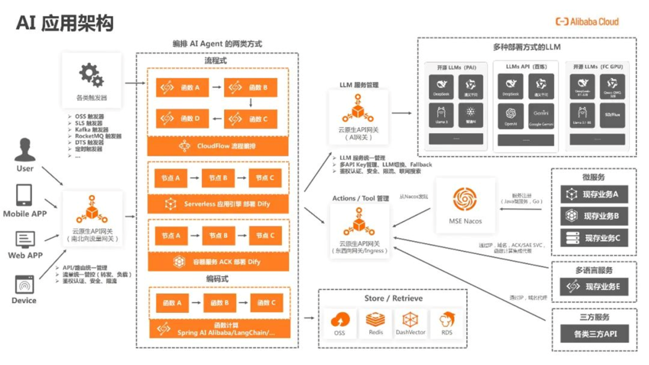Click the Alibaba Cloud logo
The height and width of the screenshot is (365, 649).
(x=587, y=22)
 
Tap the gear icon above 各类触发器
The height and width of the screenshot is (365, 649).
(x=91, y=75)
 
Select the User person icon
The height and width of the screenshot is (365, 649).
(x=25, y=149)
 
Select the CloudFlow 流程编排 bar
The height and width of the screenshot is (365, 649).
(x=218, y=146)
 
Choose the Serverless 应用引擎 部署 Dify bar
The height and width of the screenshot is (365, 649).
(x=218, y=204)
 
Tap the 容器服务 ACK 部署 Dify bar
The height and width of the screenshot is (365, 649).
(x=218, y=262)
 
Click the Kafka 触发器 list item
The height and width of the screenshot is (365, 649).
(x=92, y=129)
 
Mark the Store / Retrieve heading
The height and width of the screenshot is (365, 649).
(x=393, y=298)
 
